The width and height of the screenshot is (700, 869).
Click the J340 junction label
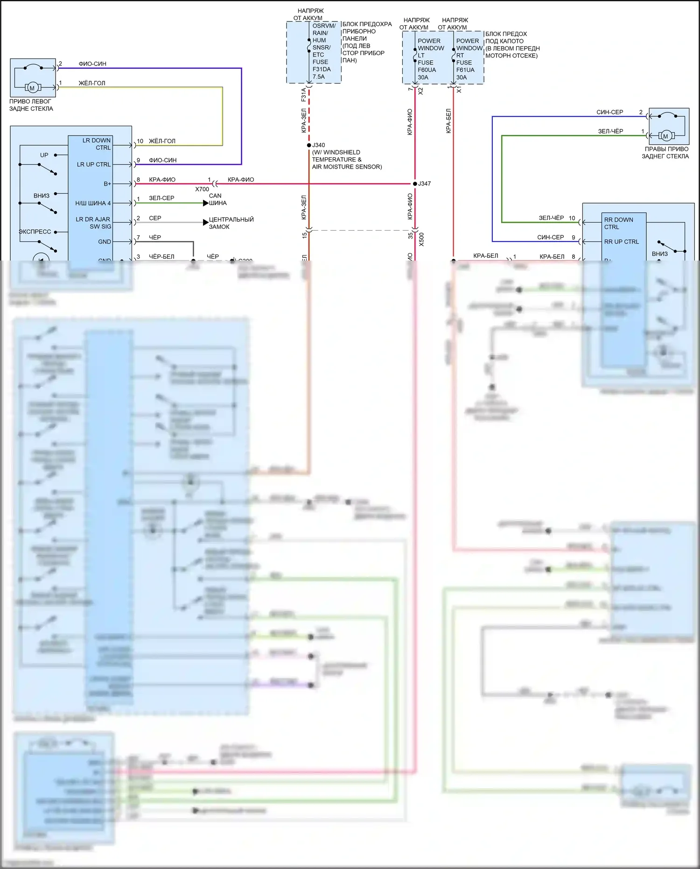click(319, 145)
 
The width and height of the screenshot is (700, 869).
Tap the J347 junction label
click(424, 184)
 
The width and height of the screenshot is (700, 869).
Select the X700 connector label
click(202, 189)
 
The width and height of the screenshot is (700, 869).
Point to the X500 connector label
click(421, 239)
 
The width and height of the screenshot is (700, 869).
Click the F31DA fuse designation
click(322, 69)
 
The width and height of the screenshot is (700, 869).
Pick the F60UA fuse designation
click(427, 70)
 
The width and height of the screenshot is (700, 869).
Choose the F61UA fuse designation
click(465, 70)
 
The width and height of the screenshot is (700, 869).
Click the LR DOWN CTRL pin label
click(97, 144)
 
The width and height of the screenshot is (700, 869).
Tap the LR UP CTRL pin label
click(94, 164)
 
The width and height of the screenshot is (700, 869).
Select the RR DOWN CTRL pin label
click(618, 223)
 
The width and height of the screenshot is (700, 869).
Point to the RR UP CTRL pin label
click(621, 242)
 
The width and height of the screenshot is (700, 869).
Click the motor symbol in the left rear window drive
click(32, 88)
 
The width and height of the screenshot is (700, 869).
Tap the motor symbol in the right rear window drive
click(665, 136)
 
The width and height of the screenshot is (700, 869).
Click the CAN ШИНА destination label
click(217, 199)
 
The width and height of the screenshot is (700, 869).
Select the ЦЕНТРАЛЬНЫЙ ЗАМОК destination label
click(231, 223)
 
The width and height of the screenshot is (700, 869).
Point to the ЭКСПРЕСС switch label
click(35, 232)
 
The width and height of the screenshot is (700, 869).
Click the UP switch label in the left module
click(44, 155)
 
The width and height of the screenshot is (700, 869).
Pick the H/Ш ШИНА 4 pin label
click(93, 203)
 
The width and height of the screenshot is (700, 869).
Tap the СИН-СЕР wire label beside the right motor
click(609, 112)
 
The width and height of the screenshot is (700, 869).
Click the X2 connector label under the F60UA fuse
click(420, 91)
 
